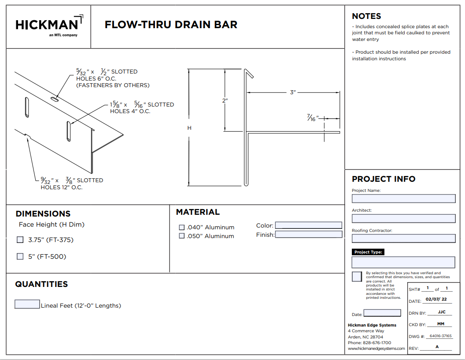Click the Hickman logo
click(x=49, y=26)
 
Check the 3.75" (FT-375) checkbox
click(x=20, y=240)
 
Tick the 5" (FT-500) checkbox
click(x=20, y=256)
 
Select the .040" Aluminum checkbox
click(x=182, y=227)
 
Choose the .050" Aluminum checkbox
click(x=182, y=236)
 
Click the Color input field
click(x=308, y=225)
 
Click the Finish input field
click(x=308, y=235)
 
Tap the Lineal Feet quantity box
click(x=27, y=304)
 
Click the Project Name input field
click(x=404, y=198)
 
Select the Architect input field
click(x=404, y=218)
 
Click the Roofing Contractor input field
click(x=404, y=239)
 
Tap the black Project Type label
click(x=368, y=252)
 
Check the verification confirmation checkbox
click(x=357, y=276)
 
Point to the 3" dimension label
click(x=293, y=92)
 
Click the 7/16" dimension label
click(x=313, y=118)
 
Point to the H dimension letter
click(x=189, y=128)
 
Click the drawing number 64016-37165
click(x=440, y=336)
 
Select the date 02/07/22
click(x=436, y=299)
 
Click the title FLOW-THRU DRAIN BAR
click(x=171, y=25)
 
